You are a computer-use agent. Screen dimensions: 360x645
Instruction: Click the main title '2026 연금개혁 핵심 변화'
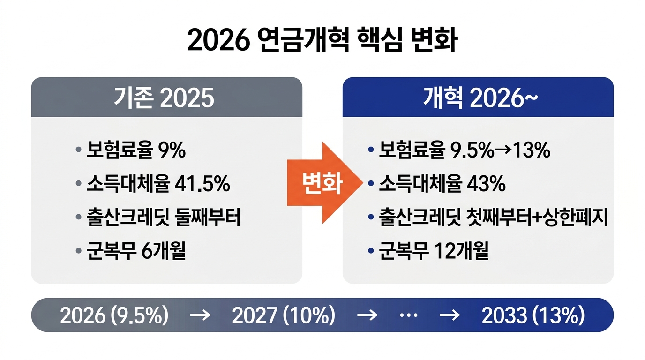click(322, 41)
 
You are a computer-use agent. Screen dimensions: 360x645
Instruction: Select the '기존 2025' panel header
click(166, 97)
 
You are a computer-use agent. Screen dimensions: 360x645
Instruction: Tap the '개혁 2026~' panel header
click(478, 97)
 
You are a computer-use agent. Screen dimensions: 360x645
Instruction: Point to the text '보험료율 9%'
click(136, 151)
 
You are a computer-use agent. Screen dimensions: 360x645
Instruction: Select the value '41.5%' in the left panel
click(202, 184)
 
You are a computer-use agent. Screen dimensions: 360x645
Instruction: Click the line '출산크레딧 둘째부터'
click(164, 217)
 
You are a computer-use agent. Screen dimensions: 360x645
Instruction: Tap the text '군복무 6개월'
click(136, 252)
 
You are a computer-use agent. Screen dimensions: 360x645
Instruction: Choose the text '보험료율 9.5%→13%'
click(464, 150)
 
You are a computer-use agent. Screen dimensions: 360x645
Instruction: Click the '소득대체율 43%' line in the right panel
click(442, 184)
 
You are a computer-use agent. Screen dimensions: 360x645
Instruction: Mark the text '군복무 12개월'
click(434, 252)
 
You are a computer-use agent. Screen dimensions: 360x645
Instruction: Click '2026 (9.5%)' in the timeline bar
click(114, 315)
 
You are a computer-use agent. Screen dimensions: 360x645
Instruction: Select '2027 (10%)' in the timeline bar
click(284, 315)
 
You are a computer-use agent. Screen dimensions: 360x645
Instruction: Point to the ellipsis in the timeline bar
click(408, 315)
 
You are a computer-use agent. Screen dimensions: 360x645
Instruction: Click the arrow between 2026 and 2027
click(200, 315)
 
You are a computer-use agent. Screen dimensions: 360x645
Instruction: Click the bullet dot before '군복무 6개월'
click(78, 252)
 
